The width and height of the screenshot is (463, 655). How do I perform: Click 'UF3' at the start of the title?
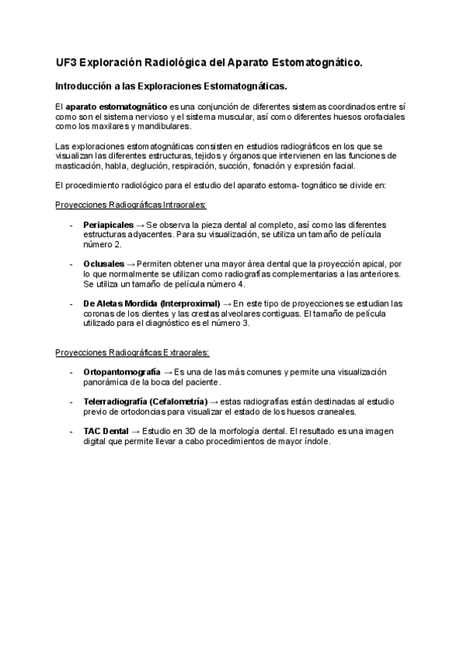66,61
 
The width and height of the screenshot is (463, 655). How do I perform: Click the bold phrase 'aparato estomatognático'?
117,106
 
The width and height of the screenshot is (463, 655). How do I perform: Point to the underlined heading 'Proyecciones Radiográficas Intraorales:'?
131,205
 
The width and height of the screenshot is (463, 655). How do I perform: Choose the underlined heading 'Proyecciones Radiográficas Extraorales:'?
132,353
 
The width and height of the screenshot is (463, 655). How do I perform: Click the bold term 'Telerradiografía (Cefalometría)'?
146,402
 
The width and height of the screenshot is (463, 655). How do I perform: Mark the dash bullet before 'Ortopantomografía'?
71,372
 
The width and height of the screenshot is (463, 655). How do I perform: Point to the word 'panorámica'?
106,382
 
